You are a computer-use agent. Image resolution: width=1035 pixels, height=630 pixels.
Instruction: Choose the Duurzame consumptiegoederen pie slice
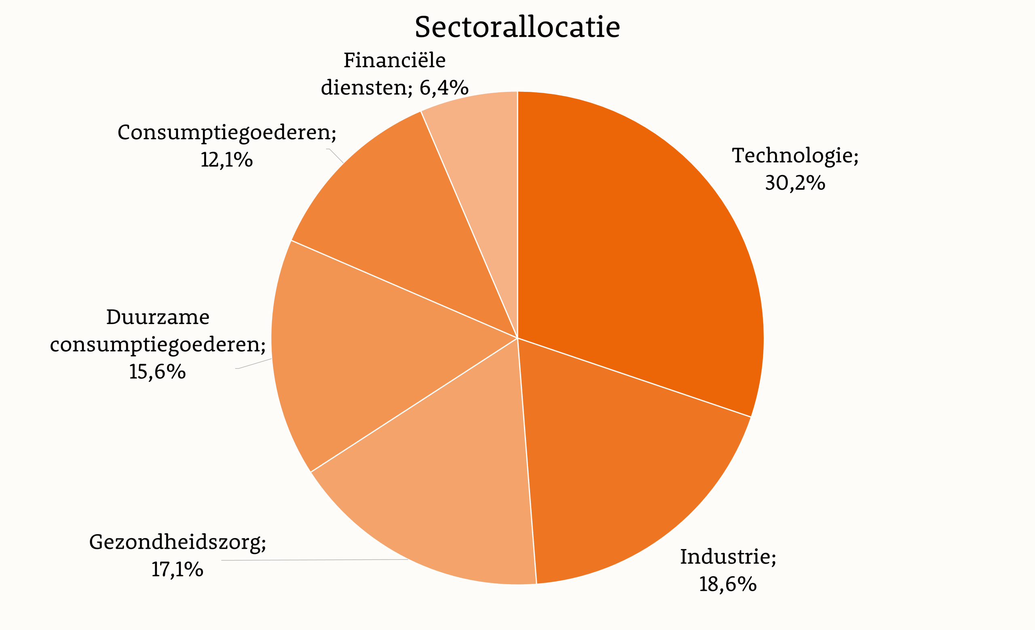[x=370, y=357]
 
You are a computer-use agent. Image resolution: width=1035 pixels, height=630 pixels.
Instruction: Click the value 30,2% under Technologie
[x=795, y=183]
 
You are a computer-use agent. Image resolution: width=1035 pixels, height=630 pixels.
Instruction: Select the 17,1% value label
[x=177, y=570]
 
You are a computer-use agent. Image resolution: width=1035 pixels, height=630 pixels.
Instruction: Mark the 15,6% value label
[x=157, y=372]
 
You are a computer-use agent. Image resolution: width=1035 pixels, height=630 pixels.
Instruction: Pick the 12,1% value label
[x=226, y=160]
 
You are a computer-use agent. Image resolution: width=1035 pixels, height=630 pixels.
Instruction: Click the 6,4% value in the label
[x=444, y=88]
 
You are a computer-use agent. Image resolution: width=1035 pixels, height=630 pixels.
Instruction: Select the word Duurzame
[x=158, y=317]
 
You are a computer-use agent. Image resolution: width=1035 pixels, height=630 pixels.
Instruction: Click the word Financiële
[x=395, y=61]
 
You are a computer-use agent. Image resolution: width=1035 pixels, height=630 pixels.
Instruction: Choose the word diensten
[x=364, y=88]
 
